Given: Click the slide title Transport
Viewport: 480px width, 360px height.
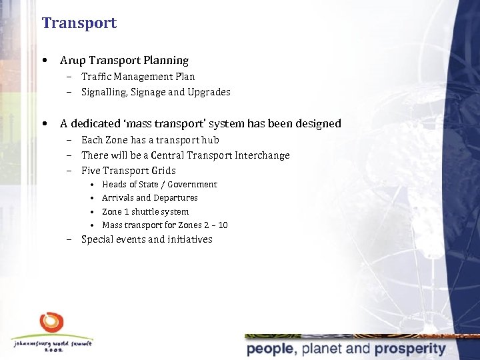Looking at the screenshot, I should tap(79, 23).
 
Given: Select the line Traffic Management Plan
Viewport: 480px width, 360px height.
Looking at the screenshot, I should tap(138, 77).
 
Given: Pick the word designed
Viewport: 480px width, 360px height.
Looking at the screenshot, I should tap(319, 123).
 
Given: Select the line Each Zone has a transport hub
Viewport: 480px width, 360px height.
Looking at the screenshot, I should tap(150, 140).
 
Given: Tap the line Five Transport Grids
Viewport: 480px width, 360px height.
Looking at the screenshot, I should tap(129, 171).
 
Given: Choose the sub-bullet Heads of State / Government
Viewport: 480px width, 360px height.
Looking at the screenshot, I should tap(159, 184).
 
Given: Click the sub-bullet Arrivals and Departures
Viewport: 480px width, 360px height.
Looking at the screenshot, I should tap(150, 198).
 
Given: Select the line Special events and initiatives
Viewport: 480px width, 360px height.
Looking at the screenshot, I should tap(147, 239).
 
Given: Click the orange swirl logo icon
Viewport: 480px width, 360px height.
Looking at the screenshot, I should tap(52, 323).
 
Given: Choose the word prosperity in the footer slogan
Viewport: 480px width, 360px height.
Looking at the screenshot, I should tap(409, 349).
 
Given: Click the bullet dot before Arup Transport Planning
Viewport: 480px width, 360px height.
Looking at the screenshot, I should tap(43, 60).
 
